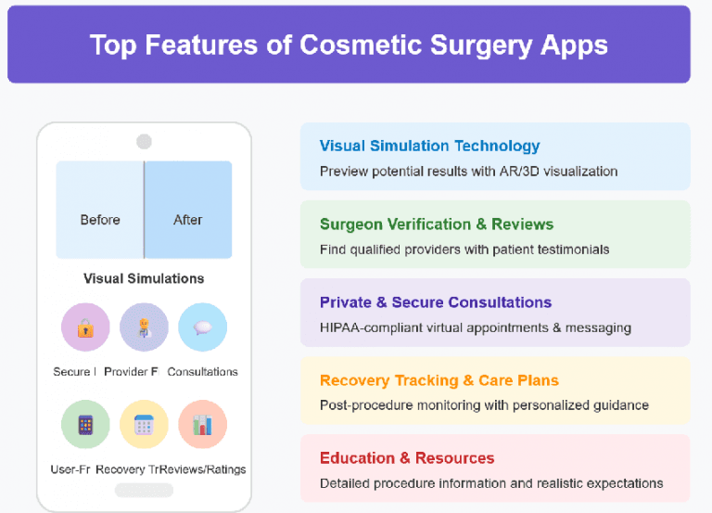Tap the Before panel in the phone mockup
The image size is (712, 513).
coord(100,220)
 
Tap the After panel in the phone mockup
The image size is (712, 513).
coord(188,220)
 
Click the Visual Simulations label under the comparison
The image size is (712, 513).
coord(144,278)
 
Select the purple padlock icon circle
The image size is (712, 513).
coord(85,327)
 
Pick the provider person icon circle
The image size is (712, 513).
coord(144,327)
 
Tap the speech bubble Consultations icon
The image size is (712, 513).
coord(202,327)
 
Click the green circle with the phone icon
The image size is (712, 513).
coord(85,425)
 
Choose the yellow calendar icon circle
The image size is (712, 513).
coord(144,425)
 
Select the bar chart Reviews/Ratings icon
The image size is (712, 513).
coord(202,425)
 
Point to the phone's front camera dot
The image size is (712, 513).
coord(144,141)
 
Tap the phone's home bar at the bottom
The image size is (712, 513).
coord(144,490)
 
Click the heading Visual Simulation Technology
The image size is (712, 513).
coord(429,146)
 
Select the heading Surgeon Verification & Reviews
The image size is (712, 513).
coord(436,224)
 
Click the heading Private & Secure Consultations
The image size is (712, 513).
coord(435,302)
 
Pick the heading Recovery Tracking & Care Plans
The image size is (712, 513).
coord(439,380)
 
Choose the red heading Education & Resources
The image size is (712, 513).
coord(406,458)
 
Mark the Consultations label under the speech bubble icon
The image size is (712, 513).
coord(202,372)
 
